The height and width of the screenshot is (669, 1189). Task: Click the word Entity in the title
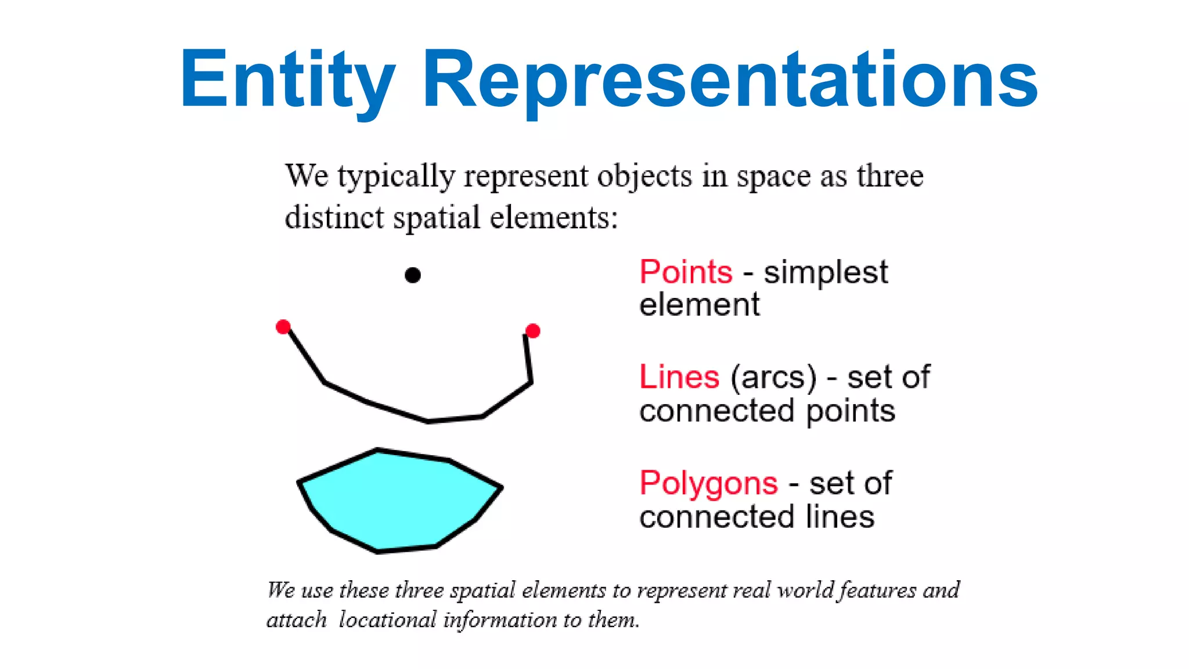click(x=287, y=79)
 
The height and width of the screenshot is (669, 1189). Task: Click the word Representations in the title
click(x=729, y=79)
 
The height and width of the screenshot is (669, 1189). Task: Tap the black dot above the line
click(x=412, y=275)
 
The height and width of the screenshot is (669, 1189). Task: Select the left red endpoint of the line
click(x=283, y=326)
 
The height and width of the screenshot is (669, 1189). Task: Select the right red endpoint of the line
click(x=532, y=331)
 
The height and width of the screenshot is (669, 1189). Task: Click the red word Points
click(x=686, y=272)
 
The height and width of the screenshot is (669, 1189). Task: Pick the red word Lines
click(x=679, y=377)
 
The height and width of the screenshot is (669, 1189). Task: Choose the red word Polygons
click(x=708, y=483)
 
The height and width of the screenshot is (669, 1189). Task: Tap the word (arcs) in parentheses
click(x=773, y=377)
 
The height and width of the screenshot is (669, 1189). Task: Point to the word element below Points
click(x=699, y=305)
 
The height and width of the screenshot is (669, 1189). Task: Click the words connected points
click(x=767, y=411)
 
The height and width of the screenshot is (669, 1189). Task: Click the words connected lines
click(x=756, y=516)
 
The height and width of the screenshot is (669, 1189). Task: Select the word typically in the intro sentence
click(x=397, y=176)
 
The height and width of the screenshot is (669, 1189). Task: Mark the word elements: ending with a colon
click(x=554, y=218)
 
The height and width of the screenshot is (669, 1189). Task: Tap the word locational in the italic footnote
click(x=387, y=620)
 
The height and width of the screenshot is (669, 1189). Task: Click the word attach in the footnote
click(x=297, y=620)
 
